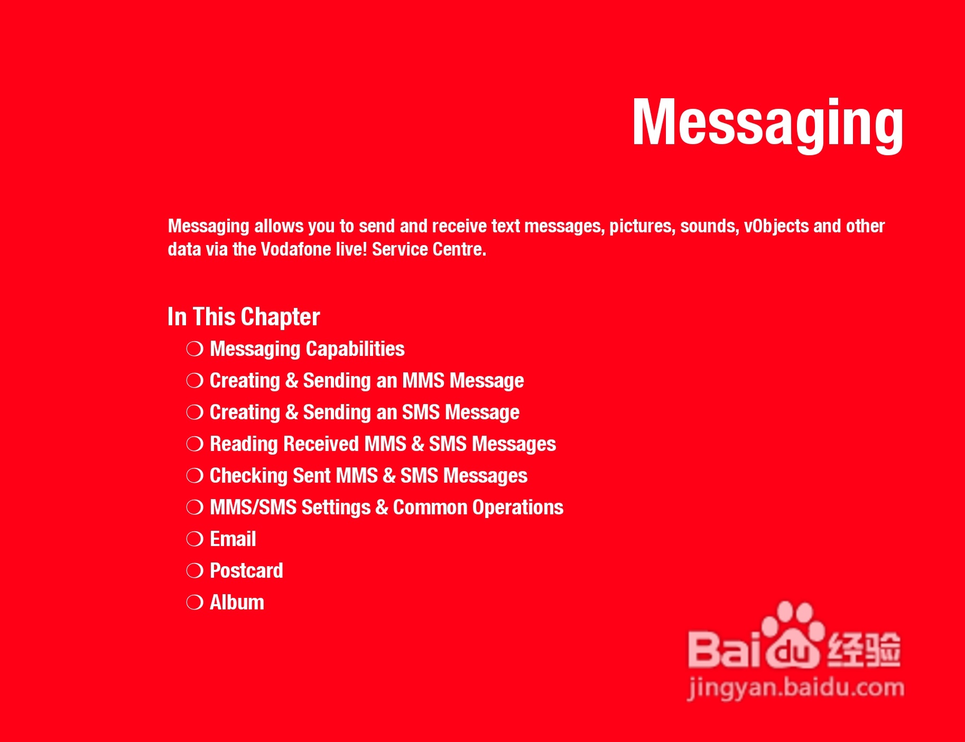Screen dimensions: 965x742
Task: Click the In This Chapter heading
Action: tap(244, 317)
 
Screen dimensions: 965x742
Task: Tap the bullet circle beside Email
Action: tap(195, 539)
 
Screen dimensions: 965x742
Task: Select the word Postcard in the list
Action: tap(246, 570)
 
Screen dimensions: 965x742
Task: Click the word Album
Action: tap(237, 602)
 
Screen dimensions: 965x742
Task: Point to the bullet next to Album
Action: tap(195, 603)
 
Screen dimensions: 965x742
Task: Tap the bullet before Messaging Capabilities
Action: tap(195, 349)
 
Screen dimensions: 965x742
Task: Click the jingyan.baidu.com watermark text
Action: tap(796, 688)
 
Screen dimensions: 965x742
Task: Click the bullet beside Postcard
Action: tap(195, 571)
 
